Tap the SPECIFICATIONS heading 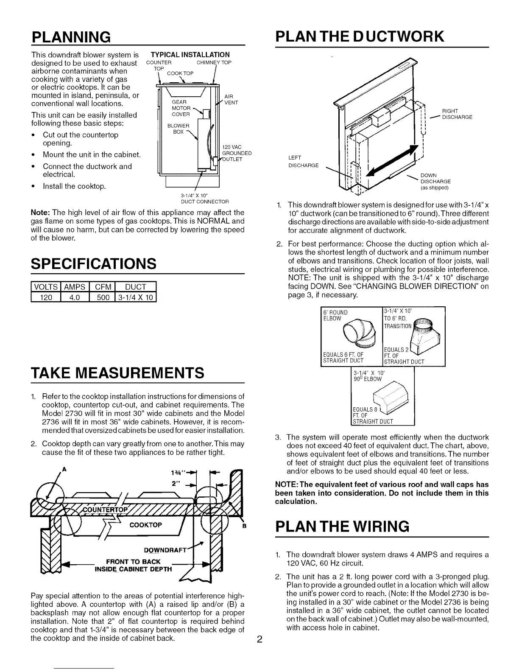[x=94, y=263]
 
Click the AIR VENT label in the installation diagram [x=229, y=99]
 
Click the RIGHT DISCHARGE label [x=457, y=115]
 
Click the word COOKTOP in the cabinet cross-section [x=146, y=525]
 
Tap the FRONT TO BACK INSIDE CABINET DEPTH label [x=134, y=566]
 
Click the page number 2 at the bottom [x=260, y=640]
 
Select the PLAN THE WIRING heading [x=342, y=526]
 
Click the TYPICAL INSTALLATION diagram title [x=190, y=54]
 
